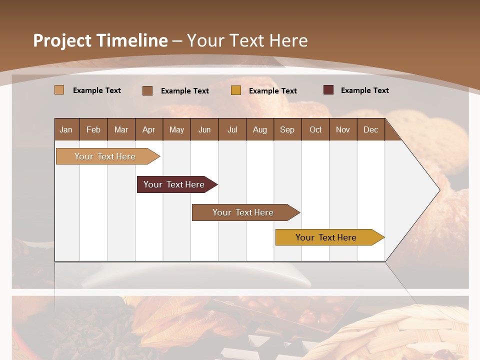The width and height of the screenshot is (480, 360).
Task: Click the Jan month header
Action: click(66, 130)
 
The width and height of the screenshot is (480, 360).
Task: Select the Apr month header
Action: click(149, 130)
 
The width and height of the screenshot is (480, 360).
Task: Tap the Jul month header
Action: click(232, 130)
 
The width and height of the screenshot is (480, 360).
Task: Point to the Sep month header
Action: click(287, 130)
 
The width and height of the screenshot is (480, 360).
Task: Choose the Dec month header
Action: click(370, 130)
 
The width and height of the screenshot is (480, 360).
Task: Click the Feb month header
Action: click(93, 130)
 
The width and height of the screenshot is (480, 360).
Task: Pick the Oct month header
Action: click(315, 130)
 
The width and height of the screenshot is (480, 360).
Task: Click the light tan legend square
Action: click(59, 90)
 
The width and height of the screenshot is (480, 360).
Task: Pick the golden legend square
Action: click(236, 90)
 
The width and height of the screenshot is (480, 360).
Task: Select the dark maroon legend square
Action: click(328, 90)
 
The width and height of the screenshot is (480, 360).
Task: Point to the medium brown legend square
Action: click(147, 90)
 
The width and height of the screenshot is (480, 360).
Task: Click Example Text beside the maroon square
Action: click(364, 90)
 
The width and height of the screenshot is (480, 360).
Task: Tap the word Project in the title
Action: click(62, 40)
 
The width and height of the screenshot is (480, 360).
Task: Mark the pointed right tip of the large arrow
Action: click(438, 190)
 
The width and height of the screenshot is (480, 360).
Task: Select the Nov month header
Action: click(343, 130)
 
